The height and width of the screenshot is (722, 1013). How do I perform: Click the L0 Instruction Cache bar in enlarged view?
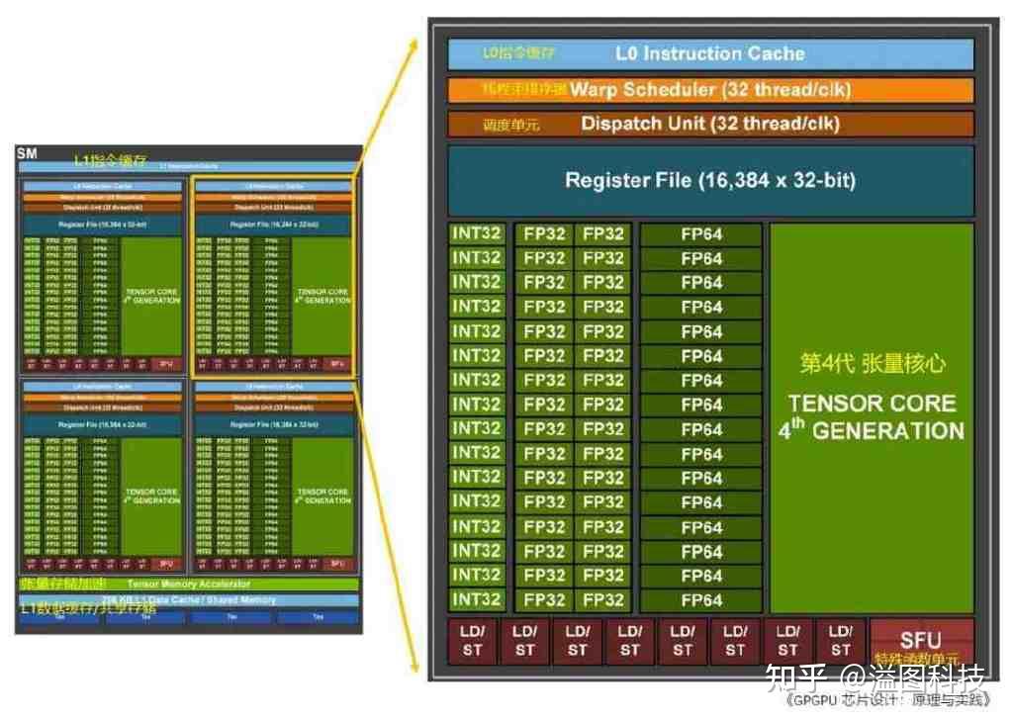pos(710,54)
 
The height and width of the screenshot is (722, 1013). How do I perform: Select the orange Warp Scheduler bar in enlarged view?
pos(710,90)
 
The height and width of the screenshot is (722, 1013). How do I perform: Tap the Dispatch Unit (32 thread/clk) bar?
pos(710,124)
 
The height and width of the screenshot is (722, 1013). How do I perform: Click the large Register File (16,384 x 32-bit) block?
pos(710,180)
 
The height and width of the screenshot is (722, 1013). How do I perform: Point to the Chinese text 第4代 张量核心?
pos(872,363)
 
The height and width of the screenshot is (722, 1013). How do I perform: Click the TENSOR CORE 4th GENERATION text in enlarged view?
pos(872,416)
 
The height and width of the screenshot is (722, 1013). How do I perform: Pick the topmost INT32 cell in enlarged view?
pos(477,234)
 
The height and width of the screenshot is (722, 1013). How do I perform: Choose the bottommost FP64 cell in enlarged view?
pos(701,599)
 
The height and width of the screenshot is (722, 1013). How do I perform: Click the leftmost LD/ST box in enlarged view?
pos(473,640)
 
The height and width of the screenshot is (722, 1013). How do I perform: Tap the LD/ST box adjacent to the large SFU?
pos(840,640)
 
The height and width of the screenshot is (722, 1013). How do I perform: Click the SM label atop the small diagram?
pos(28,154)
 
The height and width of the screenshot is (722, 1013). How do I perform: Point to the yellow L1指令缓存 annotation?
pos(111,159)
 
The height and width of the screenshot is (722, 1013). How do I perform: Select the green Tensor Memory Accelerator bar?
pos(188,585)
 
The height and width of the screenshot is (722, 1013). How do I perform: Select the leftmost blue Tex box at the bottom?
pos(59,617)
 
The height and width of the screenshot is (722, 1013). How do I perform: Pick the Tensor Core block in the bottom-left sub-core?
pos(151,496)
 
